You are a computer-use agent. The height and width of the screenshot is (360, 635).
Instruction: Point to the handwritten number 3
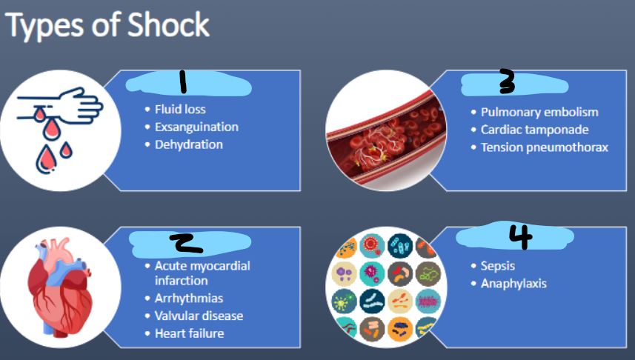507,84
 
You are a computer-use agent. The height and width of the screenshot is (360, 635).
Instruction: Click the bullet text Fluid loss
179,110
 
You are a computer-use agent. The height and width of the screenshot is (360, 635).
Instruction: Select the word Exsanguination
196,127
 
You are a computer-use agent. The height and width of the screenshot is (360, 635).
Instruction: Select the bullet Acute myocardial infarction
202,273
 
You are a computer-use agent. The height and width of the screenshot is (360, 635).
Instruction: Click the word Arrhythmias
188,299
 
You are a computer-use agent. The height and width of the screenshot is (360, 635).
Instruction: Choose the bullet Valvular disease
199,316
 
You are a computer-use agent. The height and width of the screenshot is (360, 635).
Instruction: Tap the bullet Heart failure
189,333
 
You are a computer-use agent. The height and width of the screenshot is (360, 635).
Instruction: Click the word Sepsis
497,266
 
